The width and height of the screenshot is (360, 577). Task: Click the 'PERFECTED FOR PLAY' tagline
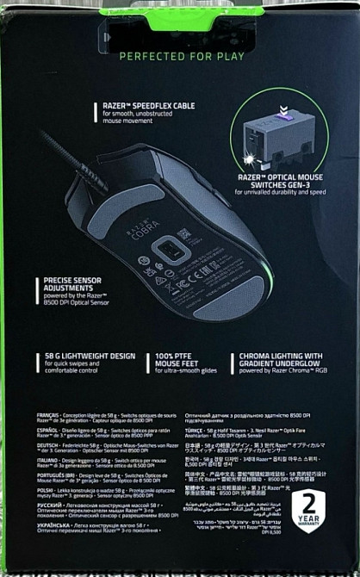tap(180, 57)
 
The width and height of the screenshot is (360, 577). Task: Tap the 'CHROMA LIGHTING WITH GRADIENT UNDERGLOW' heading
tap(277, 360)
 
